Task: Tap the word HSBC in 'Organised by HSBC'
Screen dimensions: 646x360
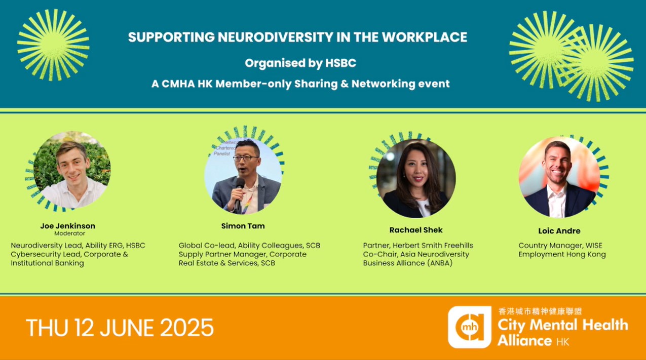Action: point(340,63)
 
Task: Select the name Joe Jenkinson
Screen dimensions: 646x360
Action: point(68,226)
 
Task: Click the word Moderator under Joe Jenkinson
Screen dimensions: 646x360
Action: point(70,233)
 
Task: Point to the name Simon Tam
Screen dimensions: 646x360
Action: point(243,226)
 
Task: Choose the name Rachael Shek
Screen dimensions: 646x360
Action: point(416,230)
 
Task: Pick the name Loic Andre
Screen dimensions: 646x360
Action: point(559,231)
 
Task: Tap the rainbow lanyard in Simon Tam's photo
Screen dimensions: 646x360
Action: point(247,203)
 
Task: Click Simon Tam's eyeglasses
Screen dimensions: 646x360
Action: point(245,158)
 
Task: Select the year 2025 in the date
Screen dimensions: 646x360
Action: point(187,328)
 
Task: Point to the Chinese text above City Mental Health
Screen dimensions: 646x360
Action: point(540,311)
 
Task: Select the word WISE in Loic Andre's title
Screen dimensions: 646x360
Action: point(594,246)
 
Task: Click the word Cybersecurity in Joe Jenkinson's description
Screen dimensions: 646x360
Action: point(32,255)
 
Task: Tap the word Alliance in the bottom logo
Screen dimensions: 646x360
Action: point(524,341)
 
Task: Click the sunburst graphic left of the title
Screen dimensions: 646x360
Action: point(53,45)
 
